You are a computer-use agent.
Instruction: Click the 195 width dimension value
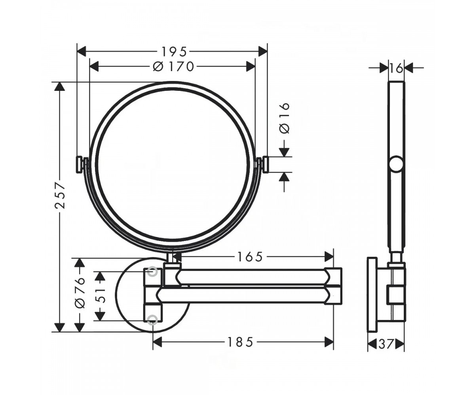tap(174, 51)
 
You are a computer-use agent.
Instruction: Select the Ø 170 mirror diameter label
tap(173, 67)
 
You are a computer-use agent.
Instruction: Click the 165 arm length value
tap(250, 257)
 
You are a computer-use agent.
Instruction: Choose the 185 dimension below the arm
tap(240, 342)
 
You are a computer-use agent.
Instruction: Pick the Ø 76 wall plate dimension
tap(80, 293)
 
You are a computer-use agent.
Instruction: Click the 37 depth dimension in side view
tap(386, 344)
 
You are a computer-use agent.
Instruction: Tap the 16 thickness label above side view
tap(396, 68)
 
